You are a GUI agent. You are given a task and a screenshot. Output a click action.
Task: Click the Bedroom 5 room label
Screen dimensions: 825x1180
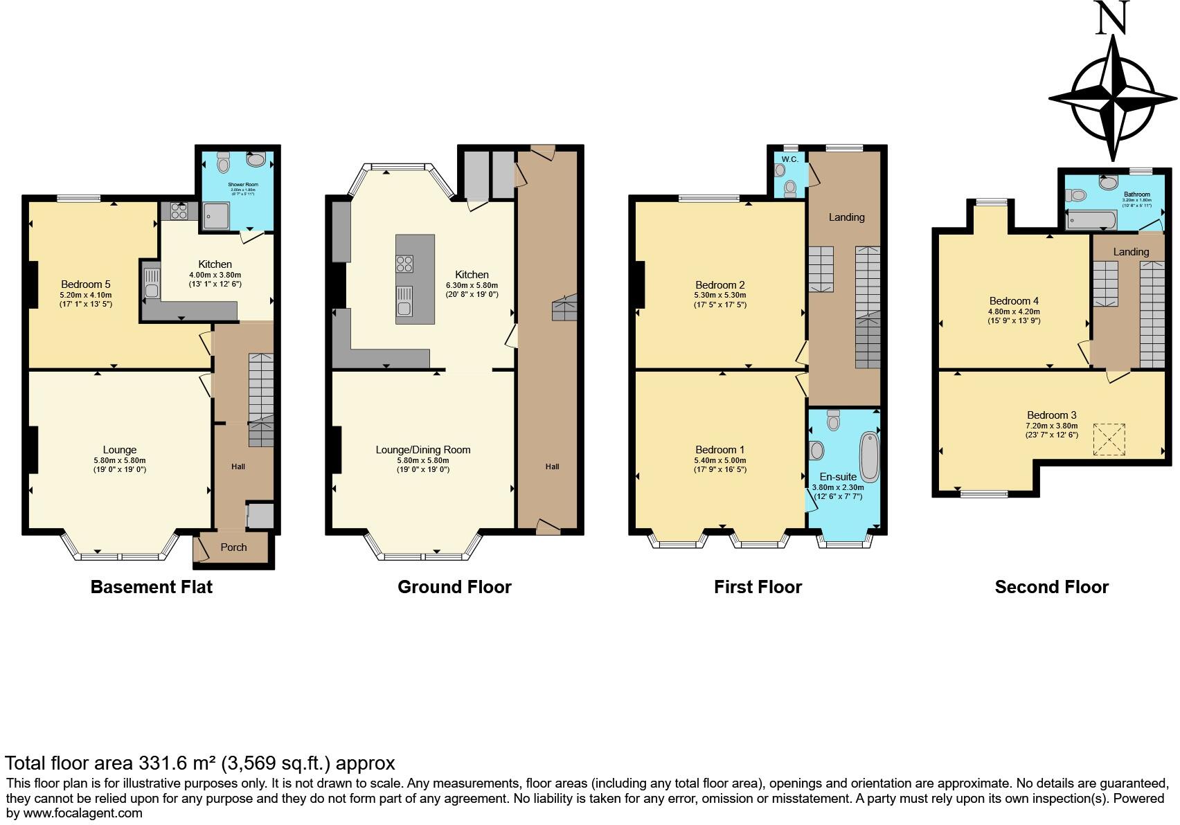tap(85, 284)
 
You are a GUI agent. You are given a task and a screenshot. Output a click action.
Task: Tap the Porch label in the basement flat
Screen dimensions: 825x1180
tap(233, 547)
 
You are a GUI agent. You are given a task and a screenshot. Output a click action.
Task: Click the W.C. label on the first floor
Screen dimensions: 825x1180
tap(790, 159)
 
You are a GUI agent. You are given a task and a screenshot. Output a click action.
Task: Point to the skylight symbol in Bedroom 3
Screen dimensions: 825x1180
tap(1109, 439)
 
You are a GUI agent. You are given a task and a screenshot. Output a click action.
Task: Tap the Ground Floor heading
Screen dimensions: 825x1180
tap(454, 588)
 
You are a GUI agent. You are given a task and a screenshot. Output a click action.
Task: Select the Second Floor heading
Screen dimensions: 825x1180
tap(1051, 588)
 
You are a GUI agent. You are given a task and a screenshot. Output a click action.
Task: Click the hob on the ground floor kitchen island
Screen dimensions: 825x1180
tap(404, 264)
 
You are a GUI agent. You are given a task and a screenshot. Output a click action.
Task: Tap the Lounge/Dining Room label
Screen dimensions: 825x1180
tap(422, 450)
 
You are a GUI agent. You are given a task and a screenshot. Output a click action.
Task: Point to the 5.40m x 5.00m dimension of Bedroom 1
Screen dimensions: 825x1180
tap(721, 460)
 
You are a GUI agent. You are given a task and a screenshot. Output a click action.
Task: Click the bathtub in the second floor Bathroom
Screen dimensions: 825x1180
tap(1091, 221)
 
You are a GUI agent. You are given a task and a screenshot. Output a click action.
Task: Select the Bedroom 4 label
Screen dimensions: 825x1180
tap(1014, 301)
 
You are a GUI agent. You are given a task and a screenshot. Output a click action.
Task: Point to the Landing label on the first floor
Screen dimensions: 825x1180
tap(846, 217)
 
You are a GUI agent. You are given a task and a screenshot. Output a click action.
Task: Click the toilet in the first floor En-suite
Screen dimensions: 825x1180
tap(833, 419)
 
